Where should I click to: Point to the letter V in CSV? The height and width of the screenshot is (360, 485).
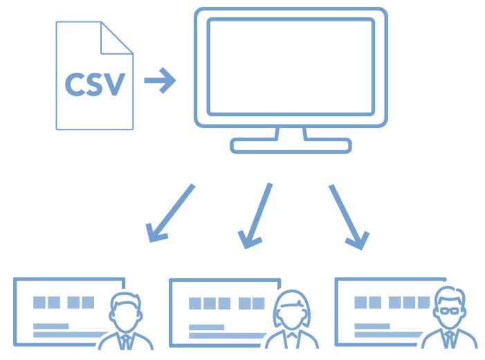point(115,84)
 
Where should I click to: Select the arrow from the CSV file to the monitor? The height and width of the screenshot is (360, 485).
point(160,80)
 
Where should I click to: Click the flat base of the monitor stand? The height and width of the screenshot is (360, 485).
point(291,145)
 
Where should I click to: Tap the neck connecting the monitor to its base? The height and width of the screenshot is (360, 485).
point(291,133)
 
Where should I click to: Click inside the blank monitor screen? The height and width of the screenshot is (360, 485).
point(291,66)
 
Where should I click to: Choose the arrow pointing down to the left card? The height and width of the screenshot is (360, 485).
point(170,214)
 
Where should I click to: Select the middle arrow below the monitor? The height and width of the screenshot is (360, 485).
point(256,215)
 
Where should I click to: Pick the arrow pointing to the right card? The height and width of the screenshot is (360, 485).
point(347,215)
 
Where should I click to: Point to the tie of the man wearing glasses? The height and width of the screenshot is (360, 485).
point(450,340)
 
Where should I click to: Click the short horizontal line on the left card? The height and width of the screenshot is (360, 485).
point(51,325)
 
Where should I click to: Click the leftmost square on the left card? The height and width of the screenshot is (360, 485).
point(39,303)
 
